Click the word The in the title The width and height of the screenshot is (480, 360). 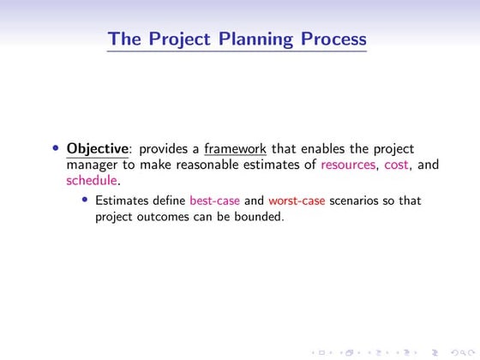pos(124,39)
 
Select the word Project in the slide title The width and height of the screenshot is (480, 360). pos(178,39)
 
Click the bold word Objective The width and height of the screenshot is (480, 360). pos(96,148)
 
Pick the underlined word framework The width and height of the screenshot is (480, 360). pos(236,148)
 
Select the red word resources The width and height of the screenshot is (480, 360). pos(347,165)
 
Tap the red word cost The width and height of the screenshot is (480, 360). pos(395,165)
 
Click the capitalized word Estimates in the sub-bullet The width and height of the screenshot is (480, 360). pos(123,201)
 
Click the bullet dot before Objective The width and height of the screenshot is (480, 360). pos(56,148)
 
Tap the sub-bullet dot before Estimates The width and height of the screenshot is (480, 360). pos(85,201)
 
